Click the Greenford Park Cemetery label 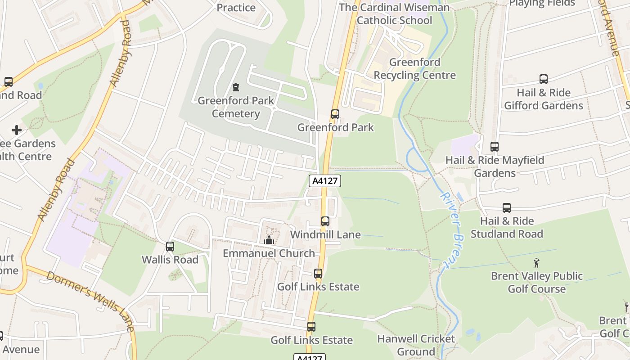coord(236,107)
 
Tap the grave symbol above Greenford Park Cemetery coord(235,87)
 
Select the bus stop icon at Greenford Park coord(335,114)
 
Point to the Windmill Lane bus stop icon coord(325,221)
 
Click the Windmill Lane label coord(325,234)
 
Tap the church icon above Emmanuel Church coord(269,240)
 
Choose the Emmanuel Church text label coord(269,253)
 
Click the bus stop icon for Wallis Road coord(170,247)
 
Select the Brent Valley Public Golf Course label coord(536,282)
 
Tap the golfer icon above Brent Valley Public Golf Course coord(536,263)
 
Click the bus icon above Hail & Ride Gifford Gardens coord(544,79)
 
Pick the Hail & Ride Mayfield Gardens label coord(495,166)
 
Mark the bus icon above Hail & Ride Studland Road coord(507,208)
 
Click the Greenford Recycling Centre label coord(414,68)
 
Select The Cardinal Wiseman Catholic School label coord(394,13)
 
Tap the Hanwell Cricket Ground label coord(416,345)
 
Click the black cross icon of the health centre coord(17,130)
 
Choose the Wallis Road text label coord(170,260)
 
